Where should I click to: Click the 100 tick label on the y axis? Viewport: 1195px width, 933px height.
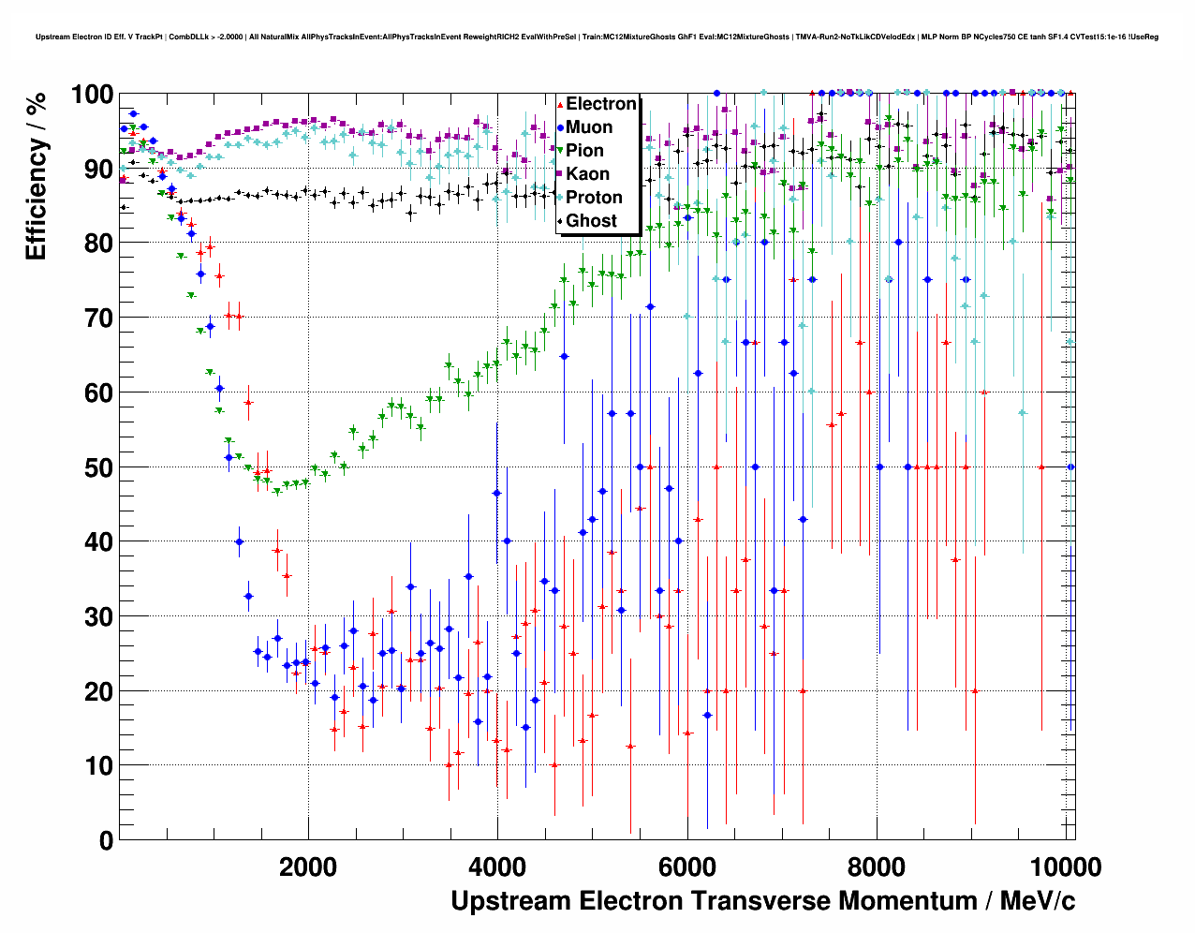(92, 95)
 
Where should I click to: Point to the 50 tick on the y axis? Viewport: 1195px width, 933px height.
(98, 467)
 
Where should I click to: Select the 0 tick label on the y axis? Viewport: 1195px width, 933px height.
(106, 841)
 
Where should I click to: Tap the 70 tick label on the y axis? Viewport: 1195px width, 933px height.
(98, 318)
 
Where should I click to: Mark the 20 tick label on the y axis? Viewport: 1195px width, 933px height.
(98, 691)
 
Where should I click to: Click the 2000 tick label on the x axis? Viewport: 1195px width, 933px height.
(308, 866)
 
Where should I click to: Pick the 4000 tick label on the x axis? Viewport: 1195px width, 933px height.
(498, 866)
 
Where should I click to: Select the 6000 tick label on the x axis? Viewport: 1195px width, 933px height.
(687, 866)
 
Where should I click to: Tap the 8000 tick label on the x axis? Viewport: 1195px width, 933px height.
(878, 866)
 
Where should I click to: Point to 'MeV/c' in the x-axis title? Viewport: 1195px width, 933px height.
(1038, 901)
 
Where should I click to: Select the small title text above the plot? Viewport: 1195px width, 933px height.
(597, 37)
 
